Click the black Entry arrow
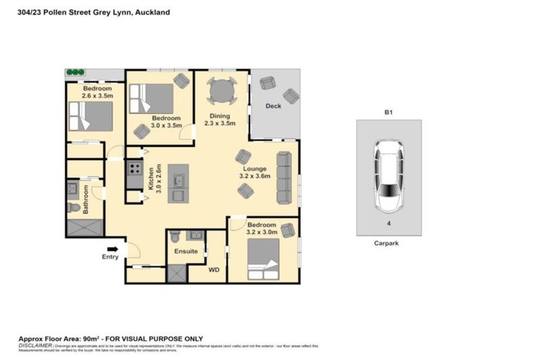[x=112, y=248]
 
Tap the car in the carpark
[x=389, y=176]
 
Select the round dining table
[x=221, y=91]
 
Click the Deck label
[x=274, y=106]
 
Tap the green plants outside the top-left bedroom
[x=75, y=72]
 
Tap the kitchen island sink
[x=179, y=181]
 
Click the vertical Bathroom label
[x=85, y=199]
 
